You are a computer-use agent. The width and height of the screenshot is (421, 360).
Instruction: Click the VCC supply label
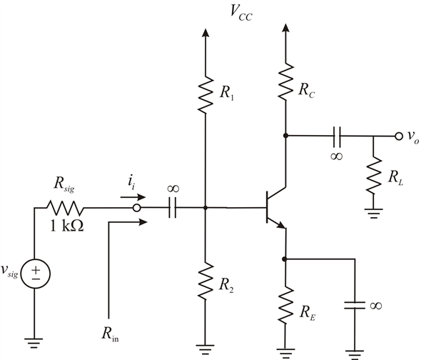click(241, 12)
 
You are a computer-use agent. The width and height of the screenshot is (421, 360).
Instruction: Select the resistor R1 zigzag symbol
click(206, 94)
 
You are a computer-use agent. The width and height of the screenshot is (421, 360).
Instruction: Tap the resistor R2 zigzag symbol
click(206, 281)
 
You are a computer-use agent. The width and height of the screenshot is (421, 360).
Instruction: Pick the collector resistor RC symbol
click(285, 81)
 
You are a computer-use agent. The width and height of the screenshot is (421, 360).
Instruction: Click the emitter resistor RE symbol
click(285, 305)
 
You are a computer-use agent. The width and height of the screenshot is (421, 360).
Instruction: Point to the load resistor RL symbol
click(373, 175)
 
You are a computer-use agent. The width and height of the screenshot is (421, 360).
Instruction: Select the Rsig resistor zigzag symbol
click(65, 208)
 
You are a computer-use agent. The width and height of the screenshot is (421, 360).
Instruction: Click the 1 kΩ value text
click(67, 226)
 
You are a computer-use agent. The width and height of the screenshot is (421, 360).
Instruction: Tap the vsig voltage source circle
click(35, 274)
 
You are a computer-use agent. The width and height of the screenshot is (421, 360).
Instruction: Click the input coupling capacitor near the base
click(172, 208)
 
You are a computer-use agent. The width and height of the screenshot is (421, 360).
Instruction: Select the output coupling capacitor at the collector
click(337, 136)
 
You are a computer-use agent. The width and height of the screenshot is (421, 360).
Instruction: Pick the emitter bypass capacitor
click(355, 305)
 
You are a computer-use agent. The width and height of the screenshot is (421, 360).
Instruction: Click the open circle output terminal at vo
click(399, 136)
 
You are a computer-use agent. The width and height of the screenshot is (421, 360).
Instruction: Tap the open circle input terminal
click(137, 208)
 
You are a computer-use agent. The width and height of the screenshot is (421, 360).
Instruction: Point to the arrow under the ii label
click(133, 197)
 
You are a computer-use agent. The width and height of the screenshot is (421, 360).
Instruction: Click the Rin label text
click(110, 334)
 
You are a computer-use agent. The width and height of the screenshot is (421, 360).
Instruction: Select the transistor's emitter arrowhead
click(281, 225)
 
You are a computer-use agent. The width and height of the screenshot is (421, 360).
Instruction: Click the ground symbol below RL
click(373, 213)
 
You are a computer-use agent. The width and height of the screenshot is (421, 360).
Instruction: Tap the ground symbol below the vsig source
click(34, 343)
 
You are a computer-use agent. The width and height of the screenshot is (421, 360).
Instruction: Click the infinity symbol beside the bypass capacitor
click(375, 306)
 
